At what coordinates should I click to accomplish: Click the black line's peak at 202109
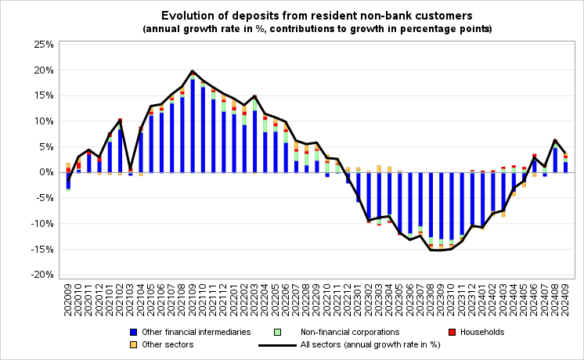tap(193, 71)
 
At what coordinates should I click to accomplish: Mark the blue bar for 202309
tap(442, 205)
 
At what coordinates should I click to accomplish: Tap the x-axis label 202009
tap(68, 298)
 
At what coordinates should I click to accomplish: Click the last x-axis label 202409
tap(565, 298)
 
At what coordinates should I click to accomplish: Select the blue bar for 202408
tap(555, 160)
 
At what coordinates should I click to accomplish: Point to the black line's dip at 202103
tap(131, 168)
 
